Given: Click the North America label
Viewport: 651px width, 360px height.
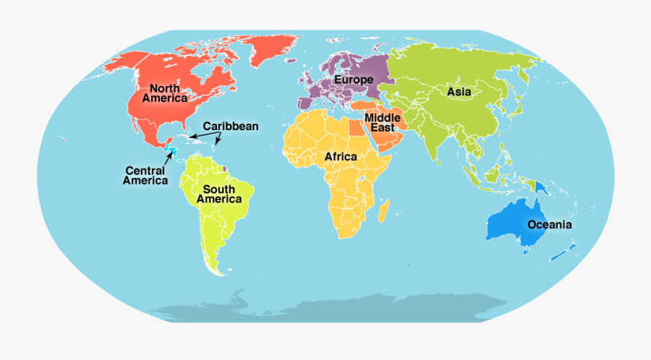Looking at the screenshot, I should pos(164,93).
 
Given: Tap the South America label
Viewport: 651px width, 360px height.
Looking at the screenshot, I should pos(218,194).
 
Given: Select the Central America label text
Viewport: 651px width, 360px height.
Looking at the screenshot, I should pos(145,176).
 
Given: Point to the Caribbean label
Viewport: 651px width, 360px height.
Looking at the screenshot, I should pos(230,127).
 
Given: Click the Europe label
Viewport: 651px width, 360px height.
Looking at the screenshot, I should pos(353,80).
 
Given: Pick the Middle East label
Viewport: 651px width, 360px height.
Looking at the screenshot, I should pos(383,122).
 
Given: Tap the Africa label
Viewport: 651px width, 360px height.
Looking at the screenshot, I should pos(340,157).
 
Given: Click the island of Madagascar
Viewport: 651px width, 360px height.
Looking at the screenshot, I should pos(384,210).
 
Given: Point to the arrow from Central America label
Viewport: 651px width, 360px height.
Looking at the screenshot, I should pos(168,158).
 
